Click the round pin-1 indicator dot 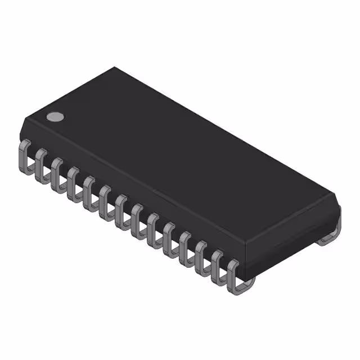pyautogui.click(x=55, y=116)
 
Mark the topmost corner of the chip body pyautogui.click(x=115, y=68)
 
